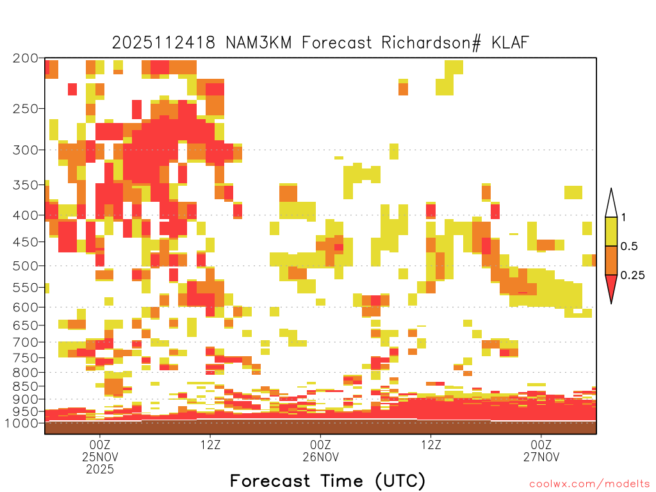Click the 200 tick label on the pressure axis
(26, 58)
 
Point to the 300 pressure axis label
(26, 150)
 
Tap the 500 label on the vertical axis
(26, 266)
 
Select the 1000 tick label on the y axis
(22, 423)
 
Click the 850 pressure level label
(26, 386)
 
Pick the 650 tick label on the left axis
(26, 325)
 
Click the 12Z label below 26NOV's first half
(431, 445)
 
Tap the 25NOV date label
(100, 457)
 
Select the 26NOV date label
(321, 457)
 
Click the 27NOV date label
(541, 457)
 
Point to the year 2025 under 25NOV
(100, 469)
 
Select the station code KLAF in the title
(511, 43)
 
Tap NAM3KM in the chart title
(259, 43)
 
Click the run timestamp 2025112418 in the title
(163, 43)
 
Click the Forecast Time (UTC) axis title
(327, 480)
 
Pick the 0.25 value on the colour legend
(632, 275)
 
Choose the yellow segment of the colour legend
(611, 231)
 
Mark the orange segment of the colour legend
(611, 260)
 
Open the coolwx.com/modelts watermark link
(589, 484)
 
